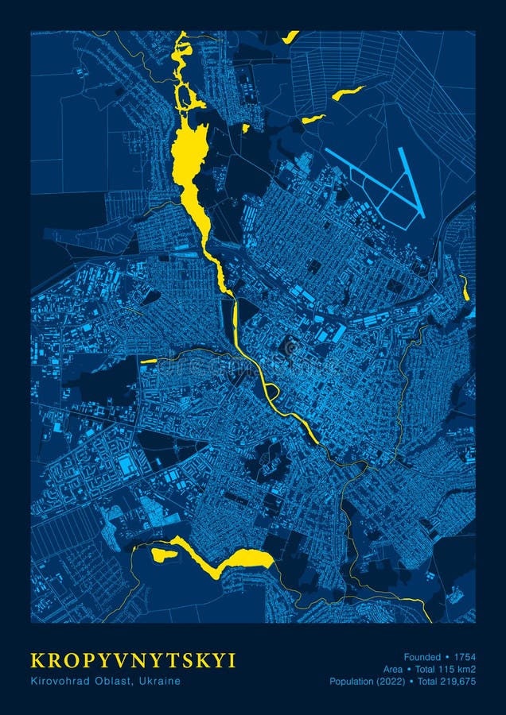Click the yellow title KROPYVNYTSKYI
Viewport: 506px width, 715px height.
[133, 661]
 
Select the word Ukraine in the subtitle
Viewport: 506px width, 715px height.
[162, 681]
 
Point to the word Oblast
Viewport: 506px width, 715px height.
[115, 681]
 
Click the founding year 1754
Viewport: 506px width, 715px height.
[465, 657]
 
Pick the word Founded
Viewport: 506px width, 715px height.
[422, 657]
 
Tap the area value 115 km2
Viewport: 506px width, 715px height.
[452, 669]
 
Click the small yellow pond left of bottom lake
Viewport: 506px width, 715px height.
[163, 555]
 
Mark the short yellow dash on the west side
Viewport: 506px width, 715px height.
[149, 361]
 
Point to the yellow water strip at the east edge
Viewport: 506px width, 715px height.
[464, 288]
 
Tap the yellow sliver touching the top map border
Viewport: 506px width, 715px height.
[290, 37]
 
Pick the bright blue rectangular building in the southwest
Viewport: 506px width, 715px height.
[127, 465]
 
